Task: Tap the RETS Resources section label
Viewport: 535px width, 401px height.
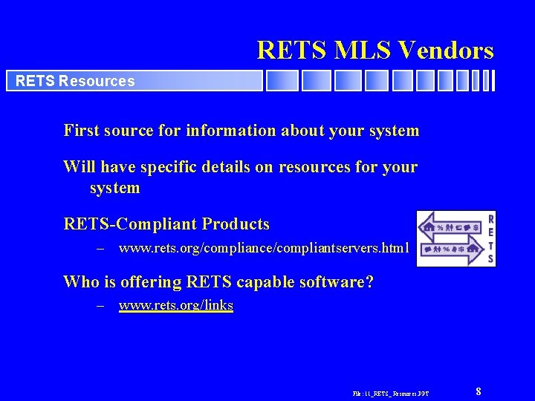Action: (x=75, y=81)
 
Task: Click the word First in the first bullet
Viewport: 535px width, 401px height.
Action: (x=80, y=131)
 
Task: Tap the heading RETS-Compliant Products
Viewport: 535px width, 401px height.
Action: (x=166, y=224)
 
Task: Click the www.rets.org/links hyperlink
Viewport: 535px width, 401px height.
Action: (x=176, y=305)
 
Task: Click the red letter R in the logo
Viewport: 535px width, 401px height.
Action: (x=490, y=219)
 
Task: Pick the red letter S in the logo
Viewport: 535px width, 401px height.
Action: (x=490, y=259)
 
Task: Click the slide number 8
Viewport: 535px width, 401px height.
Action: (x=479, y=391)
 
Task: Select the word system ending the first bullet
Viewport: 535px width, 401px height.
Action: (x=393, y=131)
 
